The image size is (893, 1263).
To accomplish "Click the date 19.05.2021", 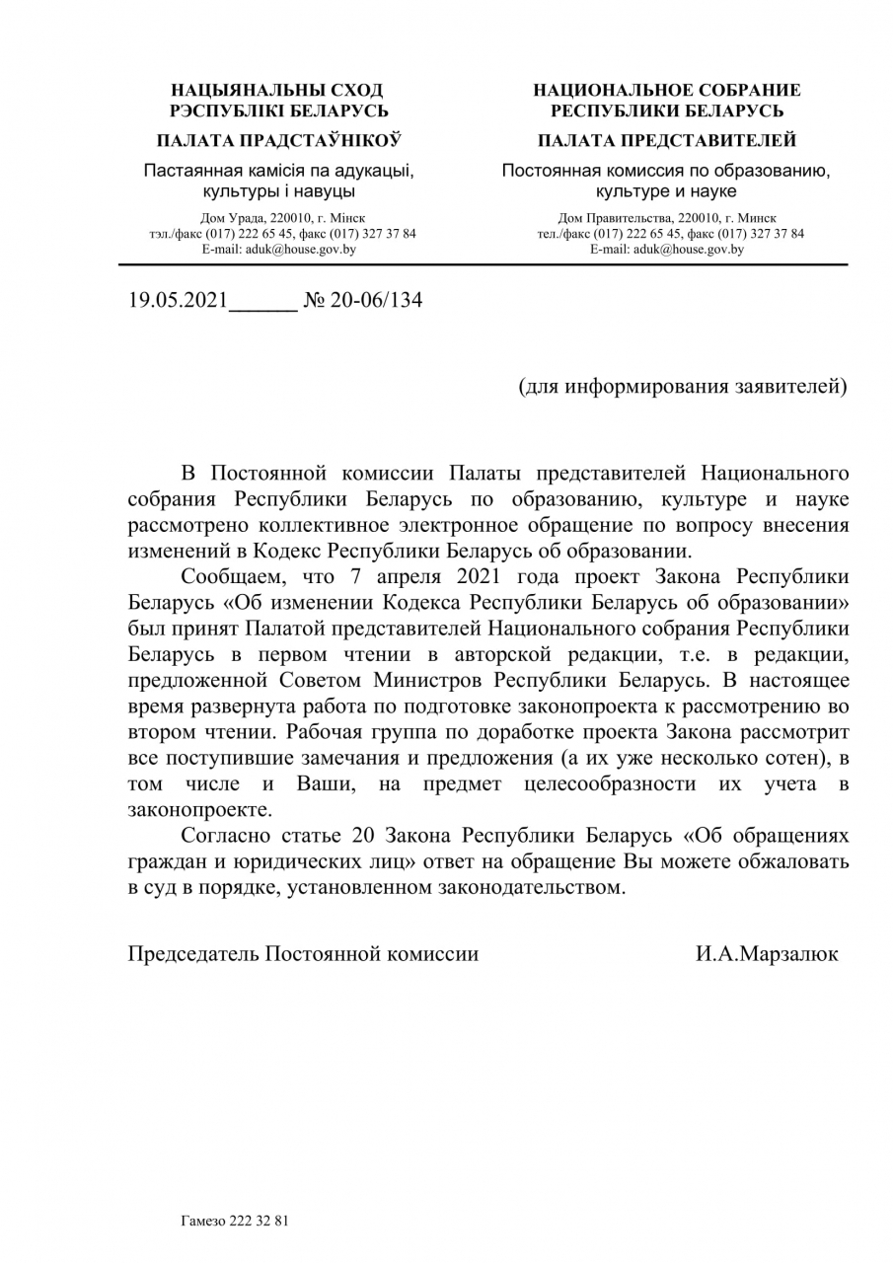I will pos(178,300).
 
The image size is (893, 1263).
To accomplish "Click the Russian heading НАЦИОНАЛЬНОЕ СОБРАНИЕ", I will pos(667,90).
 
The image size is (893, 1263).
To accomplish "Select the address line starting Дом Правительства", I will pos(667,218).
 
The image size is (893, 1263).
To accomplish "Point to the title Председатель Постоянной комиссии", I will pos(304,954).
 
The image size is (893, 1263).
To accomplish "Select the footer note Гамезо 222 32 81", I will pos(235,1221).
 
